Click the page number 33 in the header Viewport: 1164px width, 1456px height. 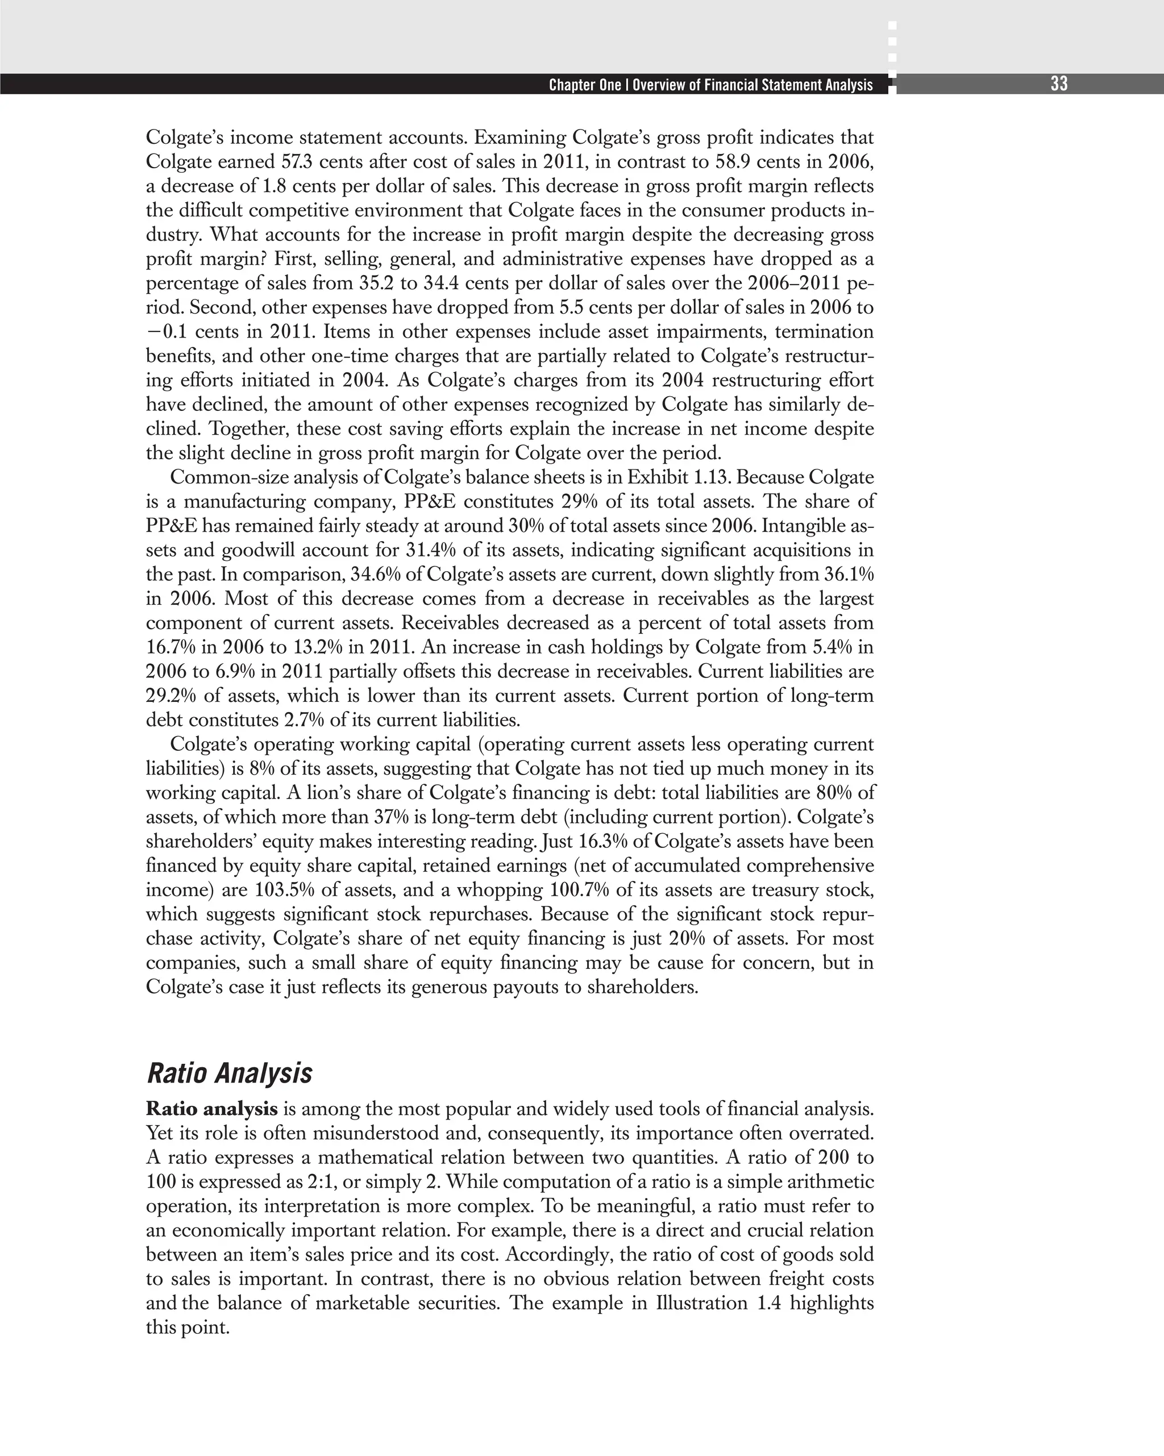1059,84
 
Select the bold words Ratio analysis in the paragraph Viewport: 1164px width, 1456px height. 211,1109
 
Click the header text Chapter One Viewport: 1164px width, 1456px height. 584,85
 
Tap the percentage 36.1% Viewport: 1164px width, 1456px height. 849,575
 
